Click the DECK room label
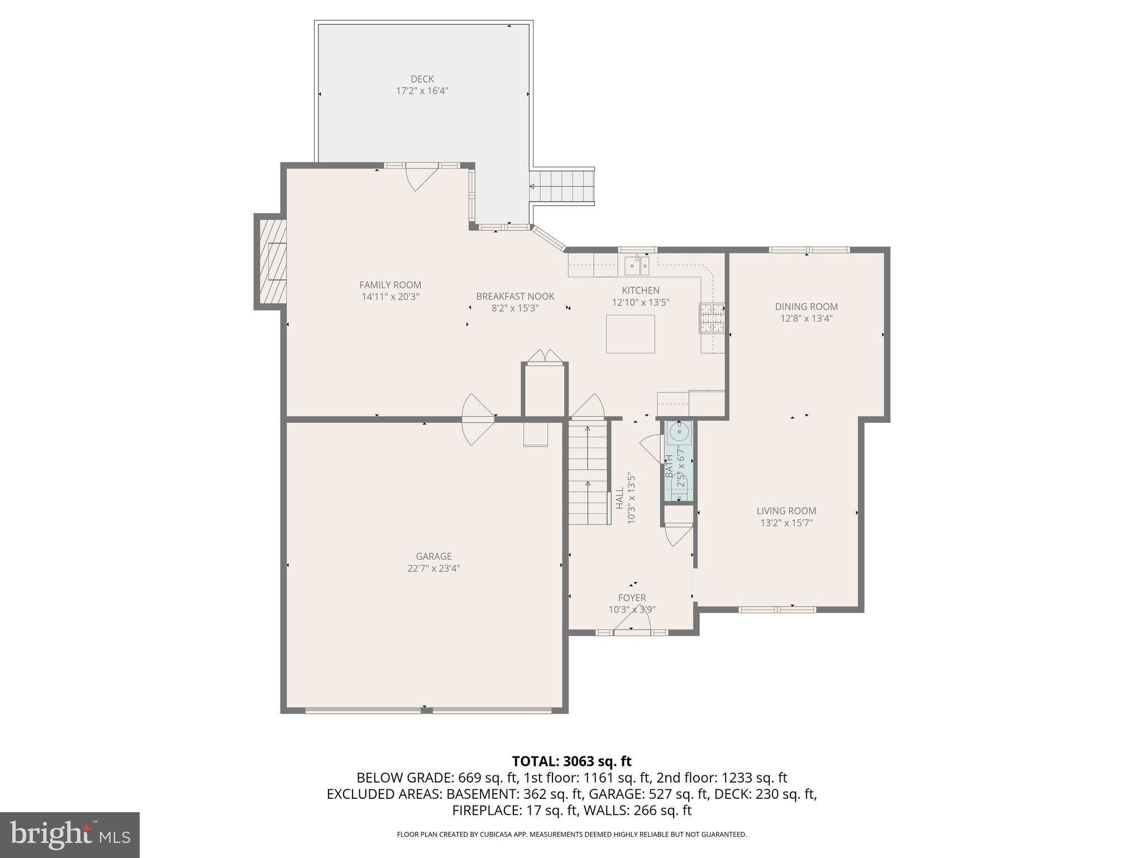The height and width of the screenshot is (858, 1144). point(422,79)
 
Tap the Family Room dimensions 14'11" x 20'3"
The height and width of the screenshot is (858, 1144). point(390,297)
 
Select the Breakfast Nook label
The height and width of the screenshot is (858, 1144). point(514,297)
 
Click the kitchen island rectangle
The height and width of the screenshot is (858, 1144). point(630,334)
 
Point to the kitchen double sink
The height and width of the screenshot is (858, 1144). point(637,265)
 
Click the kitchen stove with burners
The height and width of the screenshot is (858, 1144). point(712,318)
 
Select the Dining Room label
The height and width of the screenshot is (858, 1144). point(806,307)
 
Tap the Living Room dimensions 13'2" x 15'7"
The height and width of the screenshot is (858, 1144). point(786,523)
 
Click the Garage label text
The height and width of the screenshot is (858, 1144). point(433,556)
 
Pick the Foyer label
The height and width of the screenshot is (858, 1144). point(632,598)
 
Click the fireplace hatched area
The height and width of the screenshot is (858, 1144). point(271,261)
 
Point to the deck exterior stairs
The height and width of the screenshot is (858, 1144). point(561,187)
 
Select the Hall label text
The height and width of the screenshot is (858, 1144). point(619,498)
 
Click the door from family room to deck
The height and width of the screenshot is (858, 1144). point(420,176)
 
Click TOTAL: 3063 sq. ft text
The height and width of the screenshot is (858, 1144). point(571,761)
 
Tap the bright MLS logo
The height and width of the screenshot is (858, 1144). point(70,835)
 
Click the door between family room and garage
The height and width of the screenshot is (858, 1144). point(476,419)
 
